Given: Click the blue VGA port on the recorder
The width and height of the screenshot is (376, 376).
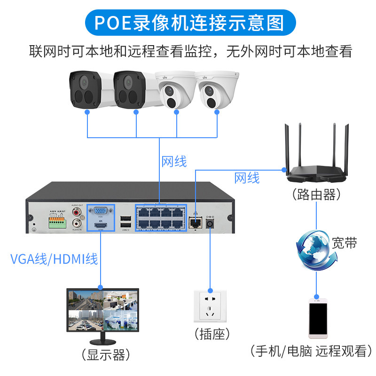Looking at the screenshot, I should pyautogui.click(x=100, y=212).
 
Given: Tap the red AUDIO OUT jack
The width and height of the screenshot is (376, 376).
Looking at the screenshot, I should pyautogui.click(x=77, y=212).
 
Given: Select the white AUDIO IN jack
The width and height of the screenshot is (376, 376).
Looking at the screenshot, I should pyautogui.click(x=77, y=224).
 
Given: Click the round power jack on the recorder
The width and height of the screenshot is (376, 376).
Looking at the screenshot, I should pyautogui.click(x=209, y=224).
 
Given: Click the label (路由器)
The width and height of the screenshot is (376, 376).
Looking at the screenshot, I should pyautogui.click(x=316, y=194).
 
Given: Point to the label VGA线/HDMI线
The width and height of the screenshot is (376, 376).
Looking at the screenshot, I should pyautogui.click(x=54, y=258).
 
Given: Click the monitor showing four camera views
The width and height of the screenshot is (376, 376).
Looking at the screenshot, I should pyautogui.click(x=100, y=310).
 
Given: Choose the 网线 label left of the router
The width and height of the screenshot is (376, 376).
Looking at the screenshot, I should pyautogui.click(x=247, y=178).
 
